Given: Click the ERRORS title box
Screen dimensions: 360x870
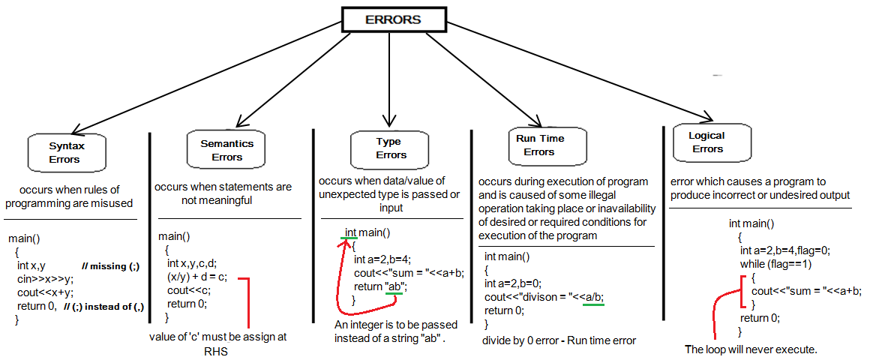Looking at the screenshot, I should tap(392, 20).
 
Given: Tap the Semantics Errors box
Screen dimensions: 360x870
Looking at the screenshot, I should tap(226, 150).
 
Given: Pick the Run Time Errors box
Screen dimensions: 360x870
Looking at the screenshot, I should tap(539, 145).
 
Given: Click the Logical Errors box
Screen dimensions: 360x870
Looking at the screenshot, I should tap(707, 142).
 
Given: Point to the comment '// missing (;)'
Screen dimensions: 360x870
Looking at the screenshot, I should tap(110, 267).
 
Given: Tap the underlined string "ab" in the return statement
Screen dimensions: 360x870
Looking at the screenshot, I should tap(394, 286).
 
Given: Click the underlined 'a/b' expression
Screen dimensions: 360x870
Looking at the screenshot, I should tap(594, 297).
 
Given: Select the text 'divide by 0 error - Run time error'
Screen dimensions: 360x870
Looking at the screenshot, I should tap(559, 340).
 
